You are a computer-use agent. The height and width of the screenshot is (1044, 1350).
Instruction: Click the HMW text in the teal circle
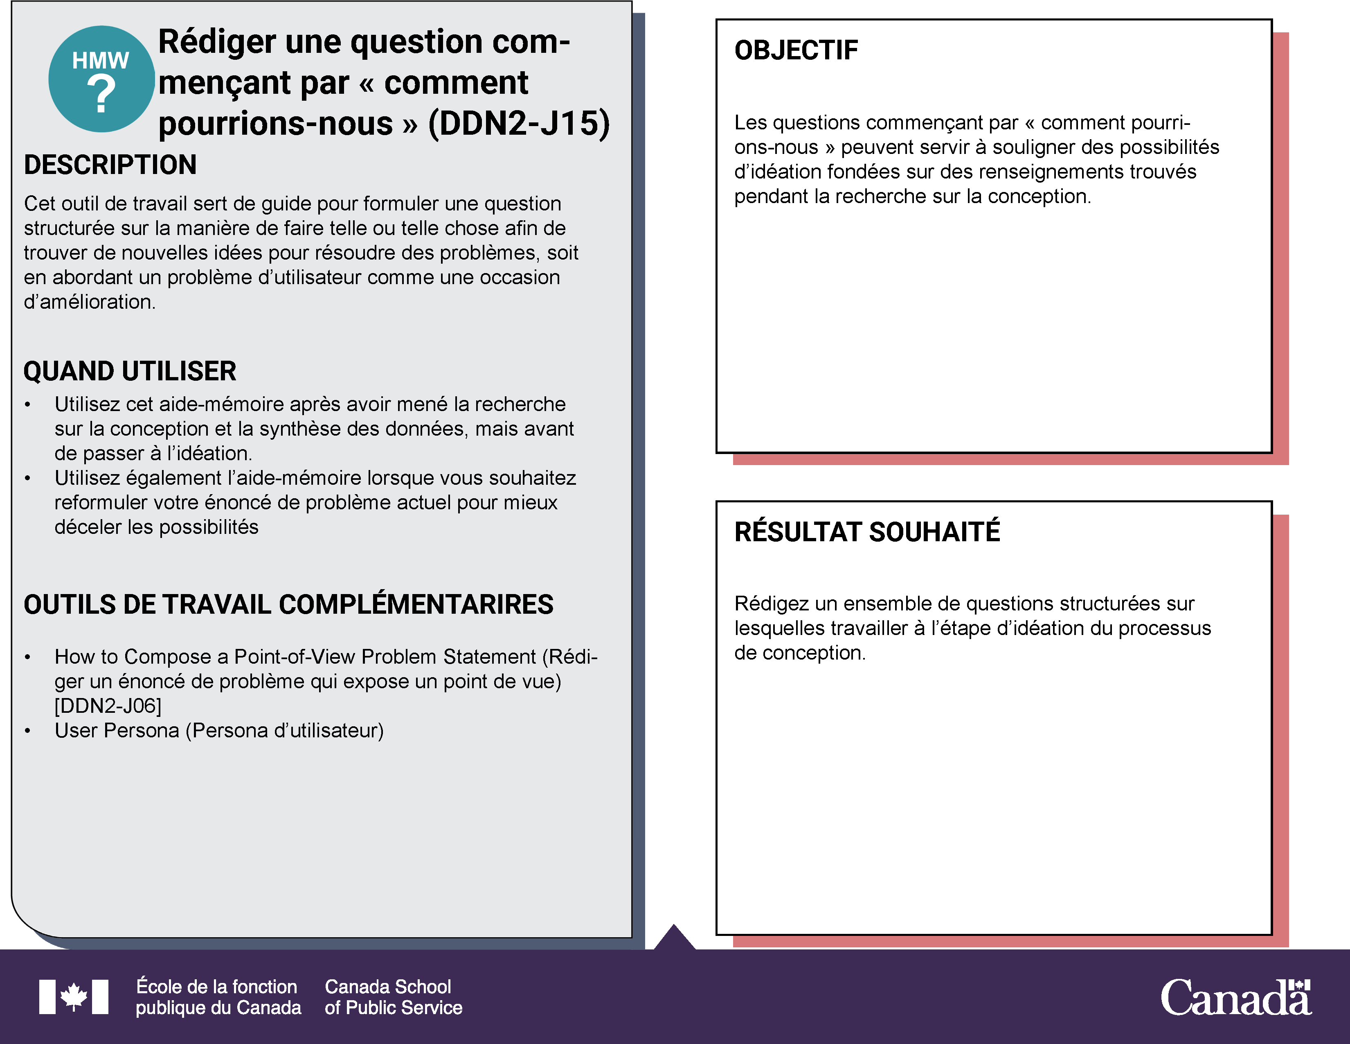[x=100, y=61]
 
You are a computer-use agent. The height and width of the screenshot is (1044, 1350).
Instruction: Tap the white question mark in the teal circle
[x=101, y=94]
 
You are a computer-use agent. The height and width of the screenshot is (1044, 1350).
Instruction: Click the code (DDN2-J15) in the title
[x=519, y=123]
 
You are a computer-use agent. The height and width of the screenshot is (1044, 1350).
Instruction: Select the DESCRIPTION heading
[x=110, y=165]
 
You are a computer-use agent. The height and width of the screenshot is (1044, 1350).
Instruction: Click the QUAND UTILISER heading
[x=130, y=371]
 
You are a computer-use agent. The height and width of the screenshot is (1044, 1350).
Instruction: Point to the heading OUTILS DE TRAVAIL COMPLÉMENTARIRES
[x=288, y=604]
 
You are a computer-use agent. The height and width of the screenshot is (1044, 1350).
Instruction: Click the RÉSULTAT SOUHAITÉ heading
[x=866, y=532]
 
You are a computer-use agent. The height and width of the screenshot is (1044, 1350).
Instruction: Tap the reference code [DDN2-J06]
[x=108, y=706]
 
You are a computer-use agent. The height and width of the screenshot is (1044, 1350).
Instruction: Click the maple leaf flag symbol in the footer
[x=74, y=997]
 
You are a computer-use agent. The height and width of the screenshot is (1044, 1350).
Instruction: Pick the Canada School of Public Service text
[x=393, y=997]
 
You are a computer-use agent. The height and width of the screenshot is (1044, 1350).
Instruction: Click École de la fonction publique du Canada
[x=218, y=997]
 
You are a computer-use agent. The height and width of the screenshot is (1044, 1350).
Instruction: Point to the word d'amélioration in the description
[x=89, y=302]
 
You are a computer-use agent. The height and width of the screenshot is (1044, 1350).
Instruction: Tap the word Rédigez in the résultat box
[x=771, y=603]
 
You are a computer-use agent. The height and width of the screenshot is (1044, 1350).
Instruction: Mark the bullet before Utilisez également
[x=27, y=478]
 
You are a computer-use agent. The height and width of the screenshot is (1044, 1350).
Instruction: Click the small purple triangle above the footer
[x=674, y=937]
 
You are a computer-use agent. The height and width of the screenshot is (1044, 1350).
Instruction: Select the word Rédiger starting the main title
[x=217, y=42]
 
